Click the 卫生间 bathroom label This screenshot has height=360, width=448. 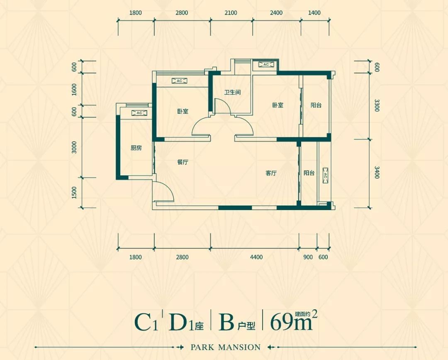point(232,92)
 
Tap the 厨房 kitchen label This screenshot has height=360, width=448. point(136,148)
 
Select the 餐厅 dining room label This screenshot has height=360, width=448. point(183,162)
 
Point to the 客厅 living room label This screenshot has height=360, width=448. point(271,173)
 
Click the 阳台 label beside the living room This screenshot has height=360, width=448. point(309,173)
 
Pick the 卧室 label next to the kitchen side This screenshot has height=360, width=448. point(183,111)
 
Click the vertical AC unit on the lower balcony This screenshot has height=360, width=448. point(326,176)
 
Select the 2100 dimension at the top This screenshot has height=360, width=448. point(231,13)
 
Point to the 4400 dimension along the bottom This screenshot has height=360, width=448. point(256,257)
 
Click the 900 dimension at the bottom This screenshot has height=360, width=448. point(308,257)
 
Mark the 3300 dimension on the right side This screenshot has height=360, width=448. point(377,105)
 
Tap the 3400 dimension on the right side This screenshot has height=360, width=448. point(377,172)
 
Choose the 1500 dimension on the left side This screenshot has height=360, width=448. point(74,192)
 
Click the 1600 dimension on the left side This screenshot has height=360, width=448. point(74,89)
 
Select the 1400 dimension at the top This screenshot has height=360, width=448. point(314,13)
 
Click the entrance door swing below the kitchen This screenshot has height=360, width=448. point(163,192)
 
